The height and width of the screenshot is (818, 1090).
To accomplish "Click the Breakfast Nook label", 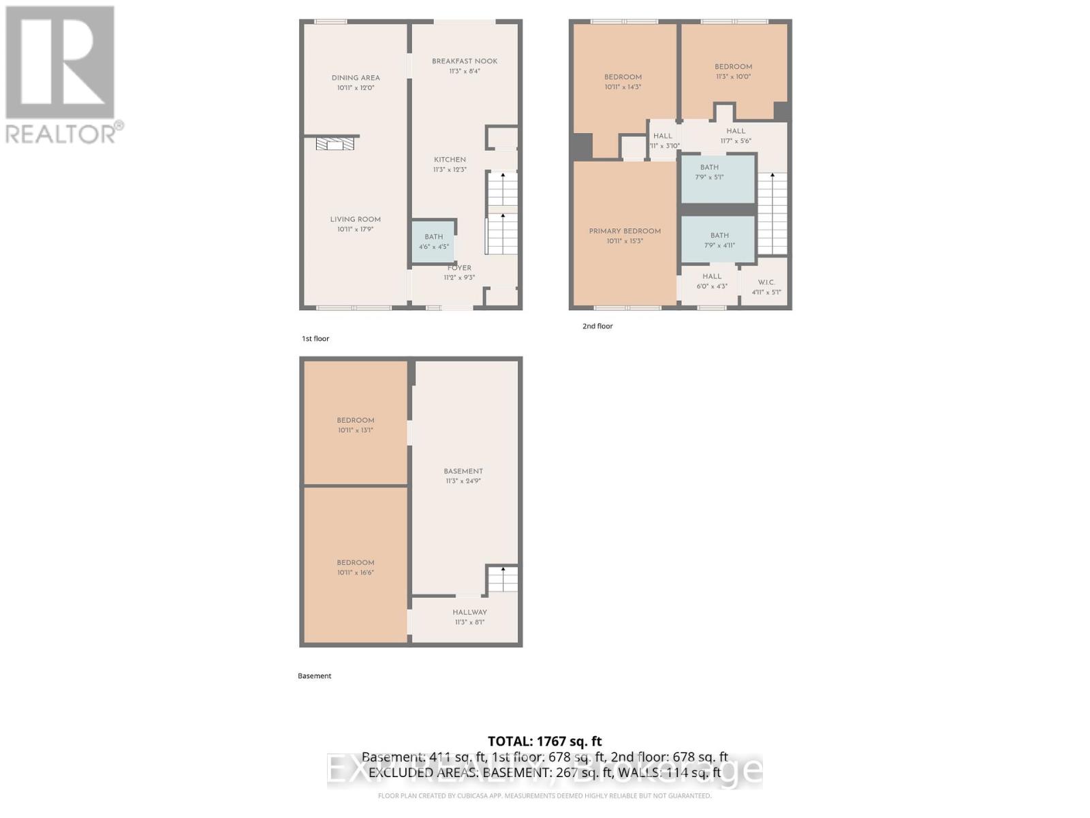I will pyautogui.click(x=465, y=61).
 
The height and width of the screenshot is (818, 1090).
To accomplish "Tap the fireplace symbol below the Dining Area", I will pyautogui.click(x=334, y=144).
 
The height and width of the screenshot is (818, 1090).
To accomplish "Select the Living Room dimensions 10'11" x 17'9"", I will pyautogui.click(x=356, y=230).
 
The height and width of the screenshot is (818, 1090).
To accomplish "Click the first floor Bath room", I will pyautogui.click(x=433, y=241).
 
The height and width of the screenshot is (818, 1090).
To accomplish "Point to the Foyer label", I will pyautogui.click(x=459, y=268).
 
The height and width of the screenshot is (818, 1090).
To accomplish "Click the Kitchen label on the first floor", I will pyautogui.click(x=450, y=160).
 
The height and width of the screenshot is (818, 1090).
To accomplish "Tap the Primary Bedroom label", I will pyautogui.click(x=625, y=231).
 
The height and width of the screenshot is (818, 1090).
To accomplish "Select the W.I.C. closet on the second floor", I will pyautogui.click(x=766, y=287).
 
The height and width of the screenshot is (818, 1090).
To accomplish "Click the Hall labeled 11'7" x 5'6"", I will pyautogui.click(x=736, y=136).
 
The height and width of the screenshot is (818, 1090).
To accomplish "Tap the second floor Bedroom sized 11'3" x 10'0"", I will pyautogui.click(x=733, y=72).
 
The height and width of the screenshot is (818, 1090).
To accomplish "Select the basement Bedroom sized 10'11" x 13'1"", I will pyautogui.click(x=356, y=425).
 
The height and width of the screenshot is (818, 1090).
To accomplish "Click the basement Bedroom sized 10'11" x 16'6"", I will pyautogui.click(x=356, y=567).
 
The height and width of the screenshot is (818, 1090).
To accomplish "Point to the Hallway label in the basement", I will pyautogui.click(x=469, y=612).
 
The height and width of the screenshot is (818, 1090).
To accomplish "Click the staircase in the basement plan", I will pyautogui.click(x=503, y=579).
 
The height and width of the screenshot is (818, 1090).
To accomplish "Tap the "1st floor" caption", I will pyautogui.click(x=315, y=339).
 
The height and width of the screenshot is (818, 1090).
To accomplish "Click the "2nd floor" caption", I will pyautogui.click(x=597, y=327).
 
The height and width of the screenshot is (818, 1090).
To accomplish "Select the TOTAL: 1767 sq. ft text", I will pyautogui.click(x=544, y=741).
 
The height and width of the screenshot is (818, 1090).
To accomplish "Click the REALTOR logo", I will pyautogui.click(x=61, y=75).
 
